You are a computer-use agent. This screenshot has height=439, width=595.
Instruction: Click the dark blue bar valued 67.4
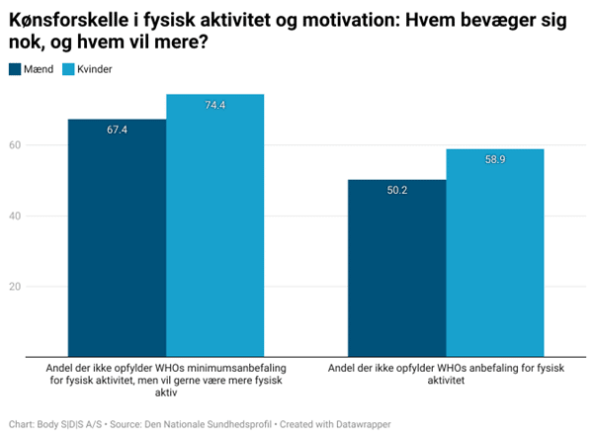(117, 237)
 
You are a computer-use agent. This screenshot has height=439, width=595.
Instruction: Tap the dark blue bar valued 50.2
(396, 268)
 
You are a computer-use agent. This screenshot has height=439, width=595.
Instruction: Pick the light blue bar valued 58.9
(494, 252)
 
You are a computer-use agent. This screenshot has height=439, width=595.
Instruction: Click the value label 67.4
(117, 130)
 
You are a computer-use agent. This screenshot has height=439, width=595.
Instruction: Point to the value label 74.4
(214, 105)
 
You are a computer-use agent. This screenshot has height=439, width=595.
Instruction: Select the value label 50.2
(396, 191)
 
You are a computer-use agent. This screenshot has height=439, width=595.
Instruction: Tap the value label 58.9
(494, 160)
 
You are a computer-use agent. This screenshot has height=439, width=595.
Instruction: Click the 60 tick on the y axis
(15, 145)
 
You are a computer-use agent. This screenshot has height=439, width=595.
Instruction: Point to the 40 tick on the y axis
(15, 216)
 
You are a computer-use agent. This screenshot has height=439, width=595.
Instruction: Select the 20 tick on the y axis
(15, 287)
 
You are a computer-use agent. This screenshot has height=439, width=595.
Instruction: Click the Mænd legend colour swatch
(16, 69)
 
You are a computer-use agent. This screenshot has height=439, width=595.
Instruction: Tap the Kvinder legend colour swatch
(68, 69)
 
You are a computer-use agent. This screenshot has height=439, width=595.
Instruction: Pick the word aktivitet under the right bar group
(446, 380)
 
